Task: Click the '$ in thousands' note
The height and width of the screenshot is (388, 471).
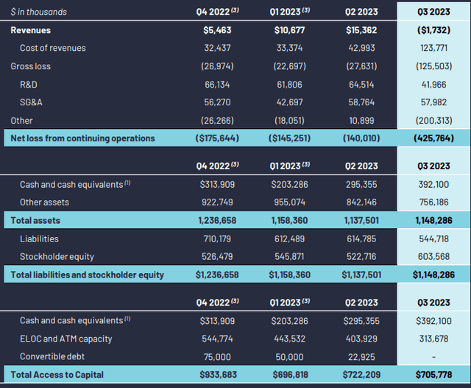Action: (x=39, y=12)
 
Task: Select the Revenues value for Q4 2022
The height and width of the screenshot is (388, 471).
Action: (x=217, y=30)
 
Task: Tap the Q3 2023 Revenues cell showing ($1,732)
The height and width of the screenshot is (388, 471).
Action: (x=433, y=30)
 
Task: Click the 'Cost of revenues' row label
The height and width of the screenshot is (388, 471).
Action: (x=52, y=48)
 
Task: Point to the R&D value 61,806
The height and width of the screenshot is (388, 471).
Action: (x=289, y=85)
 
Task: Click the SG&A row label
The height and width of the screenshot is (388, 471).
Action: (x=31, y=102)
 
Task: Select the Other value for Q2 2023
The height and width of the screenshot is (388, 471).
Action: (x=361, y=121)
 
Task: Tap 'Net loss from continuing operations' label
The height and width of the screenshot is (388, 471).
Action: (x=82, y=138)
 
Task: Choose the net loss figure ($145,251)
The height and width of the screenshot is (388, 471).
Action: (x=289, y=138)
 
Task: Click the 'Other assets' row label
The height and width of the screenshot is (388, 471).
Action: (x=44, y=202)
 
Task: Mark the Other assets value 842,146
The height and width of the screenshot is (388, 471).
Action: (x=361, y=202)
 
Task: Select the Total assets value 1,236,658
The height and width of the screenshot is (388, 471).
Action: (x=217, y=221)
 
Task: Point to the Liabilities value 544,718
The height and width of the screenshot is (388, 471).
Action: (x=433, y=239)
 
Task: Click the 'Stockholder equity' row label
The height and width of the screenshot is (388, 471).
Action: (x=57, y=257)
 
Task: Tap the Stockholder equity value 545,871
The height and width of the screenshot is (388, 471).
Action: (x=289, y=257)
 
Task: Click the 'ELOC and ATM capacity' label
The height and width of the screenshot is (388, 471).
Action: (x=65, y=339)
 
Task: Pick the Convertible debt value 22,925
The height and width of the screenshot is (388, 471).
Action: (x=361, y=357)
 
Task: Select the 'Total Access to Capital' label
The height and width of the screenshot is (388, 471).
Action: (x=57, y=375)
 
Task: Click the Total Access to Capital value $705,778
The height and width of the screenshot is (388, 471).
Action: (x=433, y=375)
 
